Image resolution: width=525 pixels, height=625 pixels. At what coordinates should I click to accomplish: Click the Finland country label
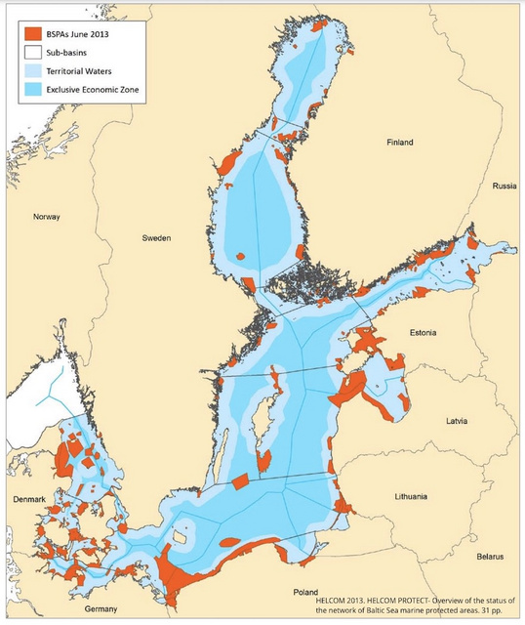click(400, 142)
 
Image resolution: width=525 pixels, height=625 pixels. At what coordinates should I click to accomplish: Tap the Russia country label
click(505, 186)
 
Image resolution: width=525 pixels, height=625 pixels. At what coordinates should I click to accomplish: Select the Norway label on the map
click(46, 217)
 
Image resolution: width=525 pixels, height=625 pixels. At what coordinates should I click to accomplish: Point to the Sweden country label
click(156, 238)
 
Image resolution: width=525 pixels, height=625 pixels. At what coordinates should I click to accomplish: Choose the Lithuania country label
click(411, 497)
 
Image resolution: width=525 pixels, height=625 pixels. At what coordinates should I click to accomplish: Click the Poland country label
click(306, 593)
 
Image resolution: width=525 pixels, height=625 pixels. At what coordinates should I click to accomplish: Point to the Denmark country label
click(28, 499)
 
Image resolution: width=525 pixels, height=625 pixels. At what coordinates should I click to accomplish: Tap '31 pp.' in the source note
click(497, 609)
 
